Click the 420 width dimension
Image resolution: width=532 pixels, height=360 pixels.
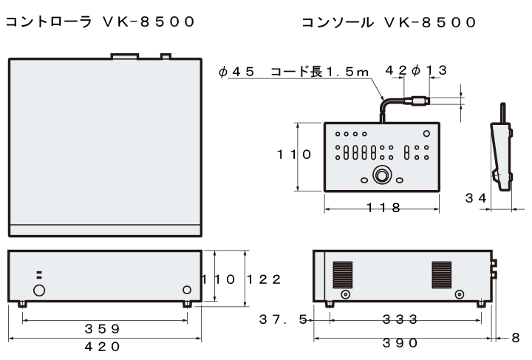pyautogui.click(x=104, y=344)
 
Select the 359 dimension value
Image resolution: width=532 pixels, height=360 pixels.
pyautogui.click(x=104, y=328)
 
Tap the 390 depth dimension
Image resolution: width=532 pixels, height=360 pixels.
pyautogui.click(x=400, y=343)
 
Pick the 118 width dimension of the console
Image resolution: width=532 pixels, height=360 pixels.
pyautogui.click(x=383, y=208)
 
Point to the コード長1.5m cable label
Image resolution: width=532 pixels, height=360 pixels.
pyautogui.click(x=319, y=71)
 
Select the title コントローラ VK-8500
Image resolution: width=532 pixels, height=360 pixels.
pyautogui.click(x=100, y=22)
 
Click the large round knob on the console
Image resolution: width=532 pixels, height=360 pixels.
pyautogui.click(x=382, y=176)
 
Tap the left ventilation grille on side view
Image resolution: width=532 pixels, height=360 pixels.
pyautogui.click(x=342, y=274)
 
